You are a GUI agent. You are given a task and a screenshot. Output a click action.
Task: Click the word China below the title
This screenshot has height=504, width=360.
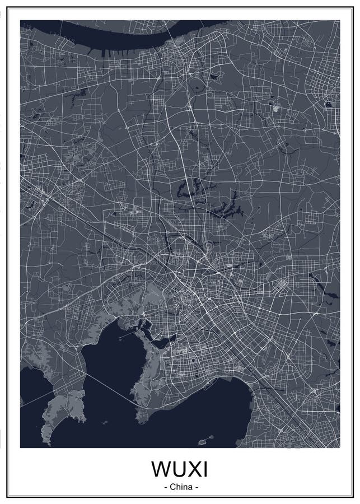pyautogui.click(x=180, y=487)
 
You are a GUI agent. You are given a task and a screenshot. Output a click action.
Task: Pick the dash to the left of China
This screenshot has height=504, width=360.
pyautogui.click(x=165, y=487)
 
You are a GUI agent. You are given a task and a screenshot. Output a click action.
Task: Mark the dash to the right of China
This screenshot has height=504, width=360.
pyautogui.click(x=196, y=487)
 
